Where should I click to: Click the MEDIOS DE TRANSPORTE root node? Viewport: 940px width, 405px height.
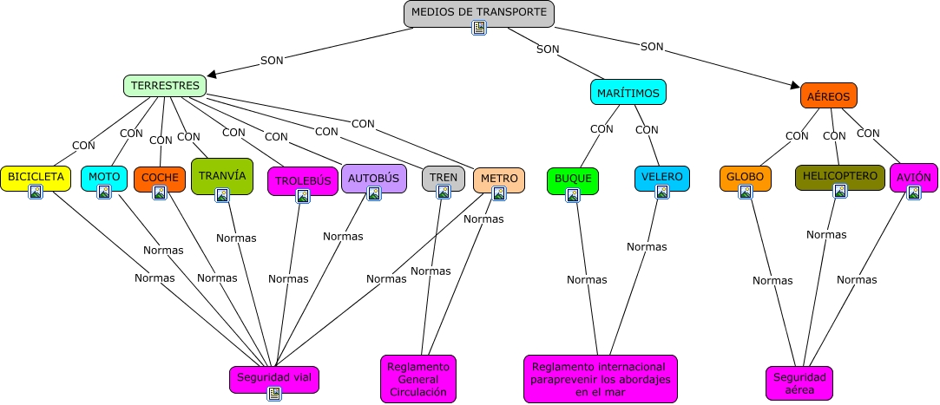(478, 13)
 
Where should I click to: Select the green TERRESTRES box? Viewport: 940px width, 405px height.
(165, 85)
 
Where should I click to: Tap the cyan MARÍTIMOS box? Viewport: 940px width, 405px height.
(628, 92)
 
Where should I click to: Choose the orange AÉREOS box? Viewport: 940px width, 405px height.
(828, 96)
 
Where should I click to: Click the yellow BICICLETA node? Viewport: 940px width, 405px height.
(36, 177)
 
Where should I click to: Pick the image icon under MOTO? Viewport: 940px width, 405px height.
(104, 192)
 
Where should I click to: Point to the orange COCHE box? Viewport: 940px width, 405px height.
(160, 178)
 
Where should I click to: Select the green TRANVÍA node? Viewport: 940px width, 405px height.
(222, 175)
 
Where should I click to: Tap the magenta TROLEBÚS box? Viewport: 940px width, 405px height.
(302, 181)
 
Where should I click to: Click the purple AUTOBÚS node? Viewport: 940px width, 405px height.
(373, 179)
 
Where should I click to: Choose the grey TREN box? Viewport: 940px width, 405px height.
(444, 178)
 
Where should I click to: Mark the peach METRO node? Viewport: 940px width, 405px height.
(499, 179)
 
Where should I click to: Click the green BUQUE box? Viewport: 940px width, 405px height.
(573, 179)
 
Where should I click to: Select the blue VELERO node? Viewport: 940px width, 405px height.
(661, 177)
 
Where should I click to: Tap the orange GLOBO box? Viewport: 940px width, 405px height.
(745, 177)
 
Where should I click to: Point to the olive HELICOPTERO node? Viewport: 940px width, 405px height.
(839, 176)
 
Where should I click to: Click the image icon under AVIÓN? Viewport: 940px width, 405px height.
(913, 193)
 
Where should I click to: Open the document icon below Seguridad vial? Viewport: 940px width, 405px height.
(274, 394)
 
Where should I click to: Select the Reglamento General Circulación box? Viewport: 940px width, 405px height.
(417, 379)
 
